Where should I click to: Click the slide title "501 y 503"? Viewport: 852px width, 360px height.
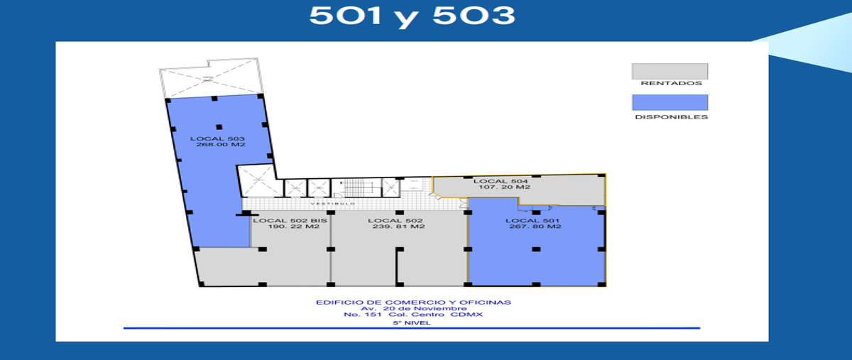(412, 16)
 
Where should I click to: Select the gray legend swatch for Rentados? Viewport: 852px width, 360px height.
(670, 71)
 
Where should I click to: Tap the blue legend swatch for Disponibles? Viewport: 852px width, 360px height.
(670, 102)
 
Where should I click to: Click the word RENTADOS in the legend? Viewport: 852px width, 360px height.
(672, 83)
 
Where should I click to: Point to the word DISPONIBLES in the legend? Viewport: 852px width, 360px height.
(672, 117)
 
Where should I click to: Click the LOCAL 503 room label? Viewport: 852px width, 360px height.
(217, 139)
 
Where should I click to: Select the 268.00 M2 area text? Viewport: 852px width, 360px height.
(221, 145)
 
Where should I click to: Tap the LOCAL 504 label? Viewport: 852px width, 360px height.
(501, 182)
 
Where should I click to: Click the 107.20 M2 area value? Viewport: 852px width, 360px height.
(504, 187)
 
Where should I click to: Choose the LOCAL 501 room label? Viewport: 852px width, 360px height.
(532, 221)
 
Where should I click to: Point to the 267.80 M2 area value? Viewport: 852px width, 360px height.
(535, 227)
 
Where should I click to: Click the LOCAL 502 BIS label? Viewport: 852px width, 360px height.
(290, 221)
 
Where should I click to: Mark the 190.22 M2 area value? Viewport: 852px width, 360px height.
(293, 227)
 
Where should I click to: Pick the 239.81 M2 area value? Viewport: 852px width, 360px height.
(398, 227)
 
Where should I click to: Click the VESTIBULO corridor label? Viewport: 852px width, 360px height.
(333, 204)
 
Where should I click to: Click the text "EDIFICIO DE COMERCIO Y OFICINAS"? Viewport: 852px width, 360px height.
(413, 302)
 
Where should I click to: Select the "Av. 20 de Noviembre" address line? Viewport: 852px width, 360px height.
(413, 309)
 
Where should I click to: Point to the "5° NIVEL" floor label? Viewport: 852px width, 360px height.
(412, 323)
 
